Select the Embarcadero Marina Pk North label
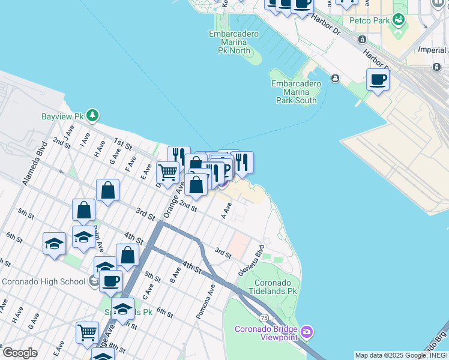point(234,43)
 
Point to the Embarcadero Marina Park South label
point(296,92)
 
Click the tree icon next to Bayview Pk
point(92,115)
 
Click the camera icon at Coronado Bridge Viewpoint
point(307,332)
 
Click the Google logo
point(19,353)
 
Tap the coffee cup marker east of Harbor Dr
point(378,79)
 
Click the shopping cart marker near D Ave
point(167,172)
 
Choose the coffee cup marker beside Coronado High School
point(110,280)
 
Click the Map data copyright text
point(400,355)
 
